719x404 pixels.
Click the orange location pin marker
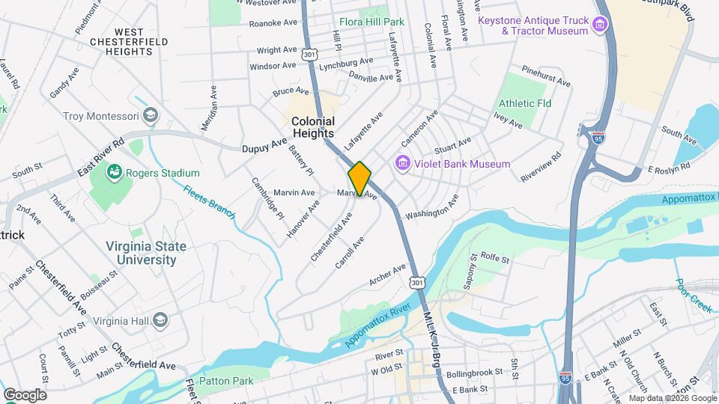(x=359, y=179)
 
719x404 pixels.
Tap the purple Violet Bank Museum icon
(x=402, y=163)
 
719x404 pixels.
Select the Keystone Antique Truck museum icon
(x=599, y=26)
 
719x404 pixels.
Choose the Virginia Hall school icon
(x=160, y=320)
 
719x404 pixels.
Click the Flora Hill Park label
(x=371, y=22)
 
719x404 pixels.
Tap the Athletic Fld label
(x=525, y=102)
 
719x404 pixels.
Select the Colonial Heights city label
(x=313, y=127)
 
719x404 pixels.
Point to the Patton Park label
(x=228, y=382)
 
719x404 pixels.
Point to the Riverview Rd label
(x=541, y=168)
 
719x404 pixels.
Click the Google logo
(x=25, y=394)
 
